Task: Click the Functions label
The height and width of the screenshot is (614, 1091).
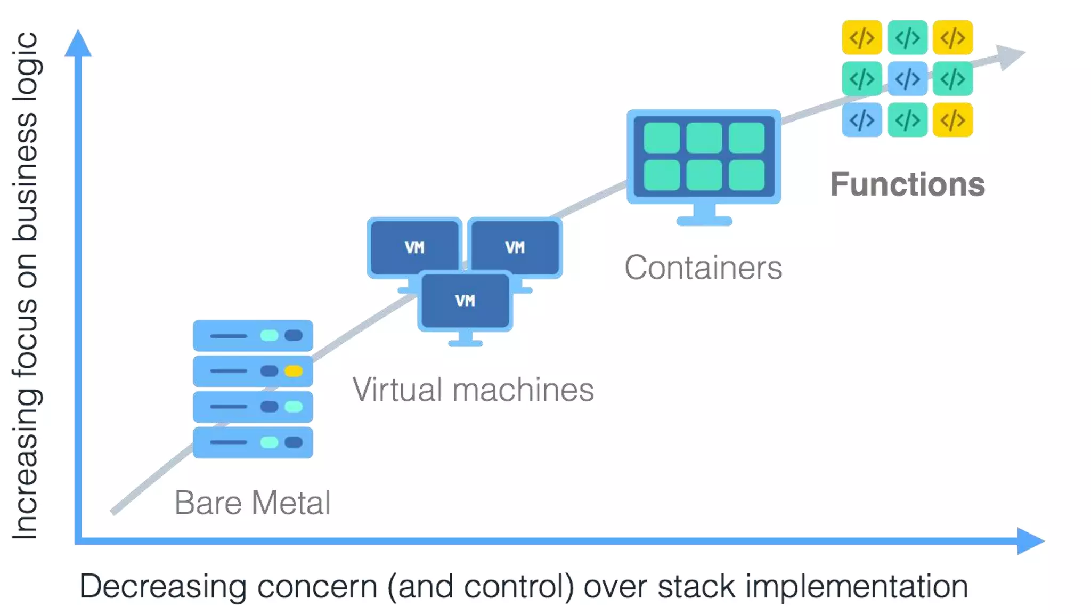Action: point(907,184)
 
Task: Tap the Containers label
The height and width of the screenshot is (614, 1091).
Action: point(703,268)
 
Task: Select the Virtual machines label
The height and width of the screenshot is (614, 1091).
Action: point(473,390)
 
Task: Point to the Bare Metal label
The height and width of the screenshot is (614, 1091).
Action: point(252,503)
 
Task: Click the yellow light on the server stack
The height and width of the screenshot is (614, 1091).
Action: point(294,371)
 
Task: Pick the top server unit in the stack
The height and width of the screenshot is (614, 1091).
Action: point(253,335)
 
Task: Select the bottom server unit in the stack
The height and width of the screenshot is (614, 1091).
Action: point(253,442)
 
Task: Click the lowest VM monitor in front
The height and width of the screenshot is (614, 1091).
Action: point(465,301)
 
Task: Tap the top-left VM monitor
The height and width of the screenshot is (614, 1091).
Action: point(414,247)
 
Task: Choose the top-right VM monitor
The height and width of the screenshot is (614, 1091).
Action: point(515,247)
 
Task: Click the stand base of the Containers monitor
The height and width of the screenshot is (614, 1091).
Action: point(704,220)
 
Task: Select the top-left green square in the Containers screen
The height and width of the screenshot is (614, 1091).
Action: point(662,138)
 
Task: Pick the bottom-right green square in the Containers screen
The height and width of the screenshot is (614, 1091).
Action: point(746,175)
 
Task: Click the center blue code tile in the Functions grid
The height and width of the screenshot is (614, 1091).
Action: point(907,79)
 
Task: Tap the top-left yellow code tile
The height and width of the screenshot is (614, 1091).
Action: point(861,38)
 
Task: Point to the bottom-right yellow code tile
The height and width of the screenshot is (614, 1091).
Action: point(952,120)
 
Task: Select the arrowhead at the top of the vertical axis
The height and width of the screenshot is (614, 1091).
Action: point(78,44)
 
